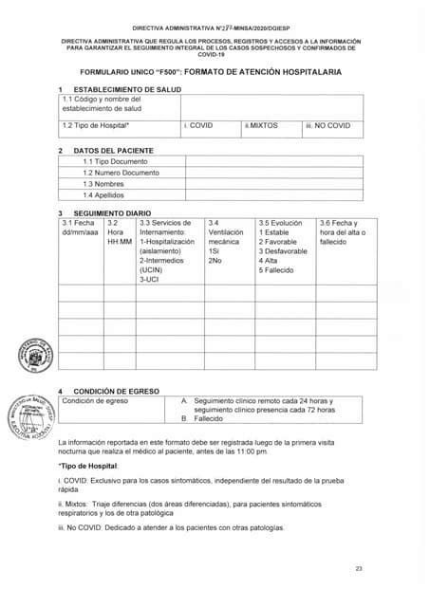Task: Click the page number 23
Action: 360,568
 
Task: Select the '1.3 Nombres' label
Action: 104,184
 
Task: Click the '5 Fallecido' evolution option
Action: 279,270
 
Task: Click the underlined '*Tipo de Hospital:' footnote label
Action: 88,467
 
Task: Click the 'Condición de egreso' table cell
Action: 95,400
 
